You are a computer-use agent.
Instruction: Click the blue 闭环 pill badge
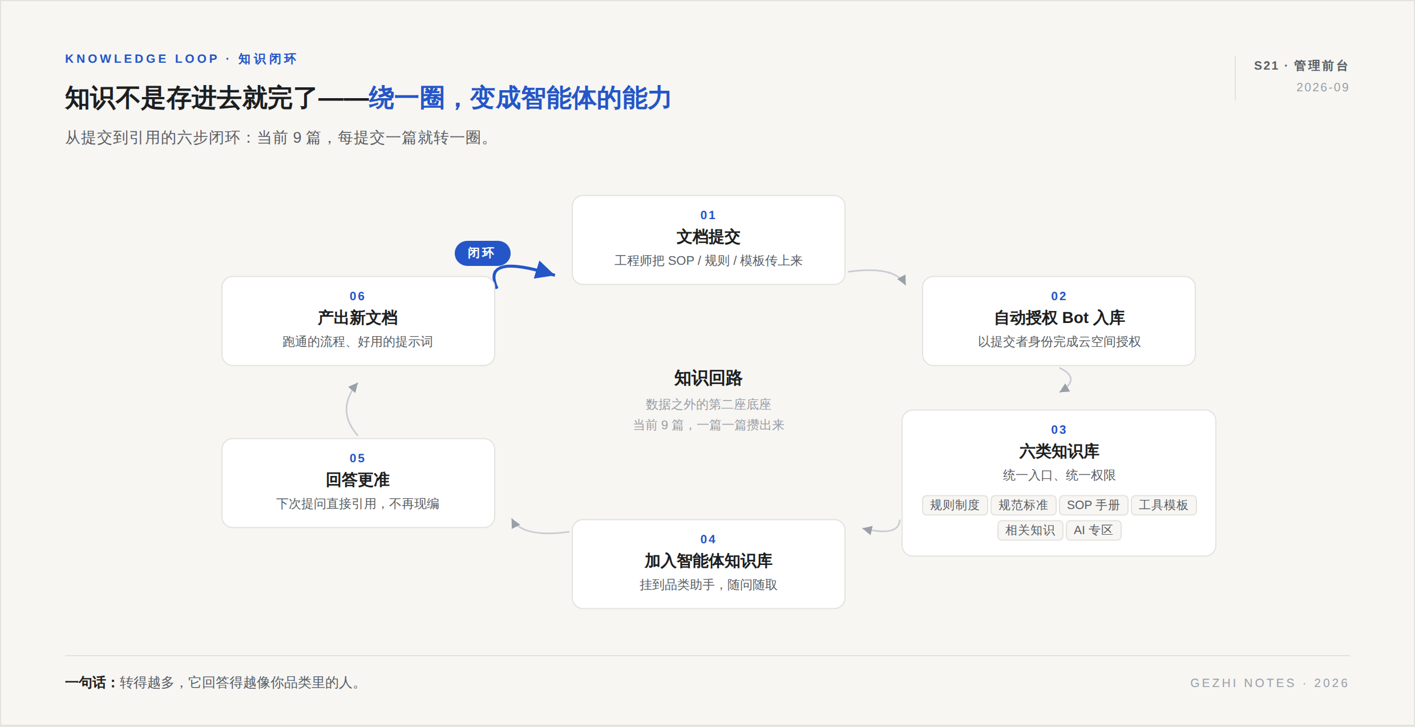pos(482,253)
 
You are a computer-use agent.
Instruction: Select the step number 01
pos(708,215)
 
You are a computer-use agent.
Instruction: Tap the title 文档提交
pos(708,237)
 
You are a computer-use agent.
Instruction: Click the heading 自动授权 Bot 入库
pos(1059,318)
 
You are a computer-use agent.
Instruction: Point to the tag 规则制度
pos(955,505)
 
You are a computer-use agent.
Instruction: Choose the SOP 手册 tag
pos(1093,505)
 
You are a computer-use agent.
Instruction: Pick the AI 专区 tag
pos(1093,530)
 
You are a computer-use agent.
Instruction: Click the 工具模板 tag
pos(1163,505)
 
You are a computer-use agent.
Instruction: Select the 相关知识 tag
pos(1030,530)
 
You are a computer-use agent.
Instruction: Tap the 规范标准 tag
pos(1023,505)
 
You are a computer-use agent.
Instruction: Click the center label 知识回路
pos(708,378)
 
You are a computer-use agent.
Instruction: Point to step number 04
pos(708,539)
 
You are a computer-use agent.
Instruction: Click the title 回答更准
pos(358,480)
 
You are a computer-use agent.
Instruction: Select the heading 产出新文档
pos(358,318)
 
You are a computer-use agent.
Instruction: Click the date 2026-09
pos(1323,87)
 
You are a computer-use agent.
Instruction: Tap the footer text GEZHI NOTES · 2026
pos(1270,683)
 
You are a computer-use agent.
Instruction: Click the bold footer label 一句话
pos(86,682)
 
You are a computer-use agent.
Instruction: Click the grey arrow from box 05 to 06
pos(349,408)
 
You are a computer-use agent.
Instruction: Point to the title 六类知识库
pos(1059,451)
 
